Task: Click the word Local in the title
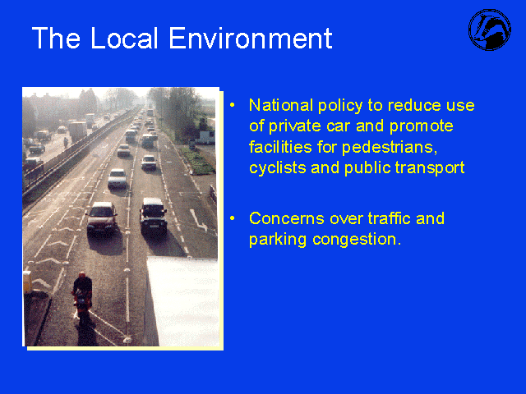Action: click(124, 38)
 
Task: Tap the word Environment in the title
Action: click(251, 38)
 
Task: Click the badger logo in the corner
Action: click(490, 30)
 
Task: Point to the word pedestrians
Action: click(390, 148)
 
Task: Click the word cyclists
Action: click(278, 168)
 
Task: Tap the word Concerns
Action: click(287, 218)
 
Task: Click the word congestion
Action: click(357, 240)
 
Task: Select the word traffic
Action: click(389, 218)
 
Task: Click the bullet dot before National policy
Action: click(232, 105)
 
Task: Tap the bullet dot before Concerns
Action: click(232, 218)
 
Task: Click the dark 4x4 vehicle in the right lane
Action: click(154, 215)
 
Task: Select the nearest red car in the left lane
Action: click(102, 218)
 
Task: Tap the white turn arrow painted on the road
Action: click(198, 220)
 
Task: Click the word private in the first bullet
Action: click(294, 126)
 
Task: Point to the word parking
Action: click(278, 240)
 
